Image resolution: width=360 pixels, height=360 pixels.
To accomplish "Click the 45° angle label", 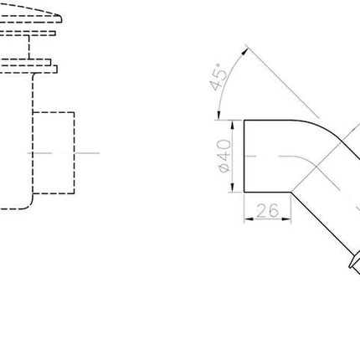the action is [219, 77].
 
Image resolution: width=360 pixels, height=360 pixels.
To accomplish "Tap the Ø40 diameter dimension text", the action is [224, 156].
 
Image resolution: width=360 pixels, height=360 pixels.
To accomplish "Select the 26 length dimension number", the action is [267, 210].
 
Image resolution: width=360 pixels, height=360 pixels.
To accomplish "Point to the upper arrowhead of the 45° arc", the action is [244, 51].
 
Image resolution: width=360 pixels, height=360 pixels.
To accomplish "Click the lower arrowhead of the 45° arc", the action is [219, 116].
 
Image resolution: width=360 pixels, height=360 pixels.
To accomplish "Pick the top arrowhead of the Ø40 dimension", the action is [234, 125].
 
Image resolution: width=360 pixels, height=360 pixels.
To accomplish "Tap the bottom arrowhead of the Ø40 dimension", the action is [234, 188].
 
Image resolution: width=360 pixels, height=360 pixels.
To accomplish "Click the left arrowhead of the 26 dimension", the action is [249, 219].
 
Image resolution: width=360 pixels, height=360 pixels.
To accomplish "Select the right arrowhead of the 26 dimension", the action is [286, 219].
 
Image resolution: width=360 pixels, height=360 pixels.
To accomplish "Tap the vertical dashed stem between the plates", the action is [28, 47].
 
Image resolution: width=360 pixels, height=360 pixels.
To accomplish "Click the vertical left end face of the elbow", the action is [244, 157].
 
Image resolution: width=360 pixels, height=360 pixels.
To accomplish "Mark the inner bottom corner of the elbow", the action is [291, 192].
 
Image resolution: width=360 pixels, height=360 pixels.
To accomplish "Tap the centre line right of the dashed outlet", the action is [88, 153].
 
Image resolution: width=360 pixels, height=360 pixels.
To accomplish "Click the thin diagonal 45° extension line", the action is [283, 82].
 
